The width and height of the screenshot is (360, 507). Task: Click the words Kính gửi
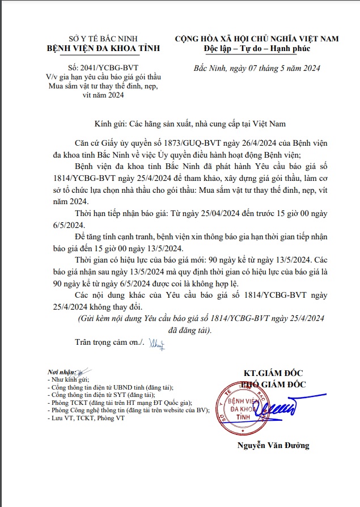(x=109, y=124)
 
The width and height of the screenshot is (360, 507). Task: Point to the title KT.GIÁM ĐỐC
(x=273, y=373)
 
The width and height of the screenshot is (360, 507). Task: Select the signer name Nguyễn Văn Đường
(x=273, y=445)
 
